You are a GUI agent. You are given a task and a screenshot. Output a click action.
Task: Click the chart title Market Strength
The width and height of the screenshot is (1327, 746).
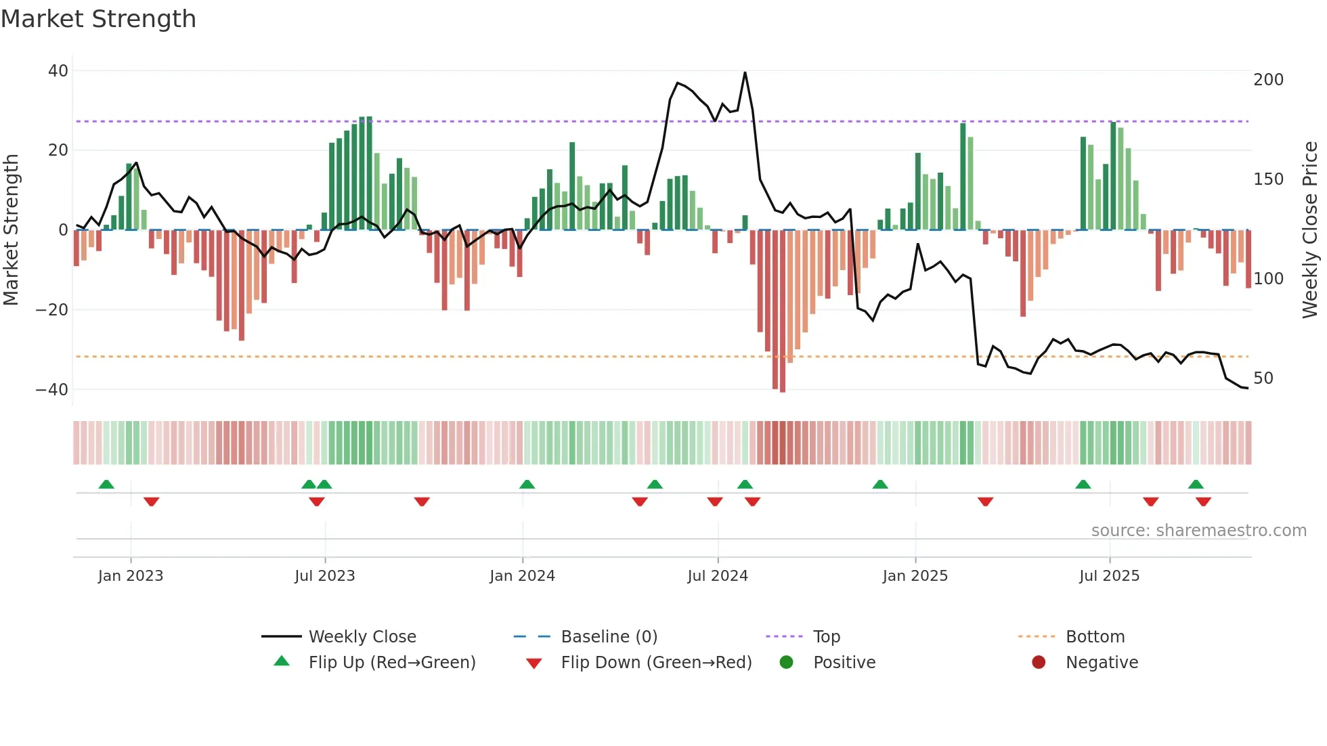tap(98, 19)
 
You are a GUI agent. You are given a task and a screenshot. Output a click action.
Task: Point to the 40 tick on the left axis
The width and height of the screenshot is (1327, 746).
tap(58, 71)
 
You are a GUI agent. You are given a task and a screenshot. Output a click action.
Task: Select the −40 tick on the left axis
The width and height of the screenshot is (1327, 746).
tap(52, 390)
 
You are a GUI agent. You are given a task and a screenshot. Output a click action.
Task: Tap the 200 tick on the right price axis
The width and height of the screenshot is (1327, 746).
tap(1268, 80)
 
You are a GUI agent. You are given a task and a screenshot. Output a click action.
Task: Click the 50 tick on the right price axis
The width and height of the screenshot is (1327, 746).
tap(1263, 378)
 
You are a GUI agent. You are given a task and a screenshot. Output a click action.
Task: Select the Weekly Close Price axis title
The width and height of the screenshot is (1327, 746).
tap(1310, 230)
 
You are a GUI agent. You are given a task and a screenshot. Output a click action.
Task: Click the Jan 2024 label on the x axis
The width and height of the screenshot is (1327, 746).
tap(522, 576)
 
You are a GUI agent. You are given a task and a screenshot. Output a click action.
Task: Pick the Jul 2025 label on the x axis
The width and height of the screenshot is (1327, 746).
tap(1109, 576)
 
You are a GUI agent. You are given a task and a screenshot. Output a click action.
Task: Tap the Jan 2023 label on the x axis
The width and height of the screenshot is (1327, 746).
tap(131, 576)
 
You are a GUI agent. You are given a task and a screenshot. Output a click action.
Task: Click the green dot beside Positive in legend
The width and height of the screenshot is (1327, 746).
tap(786, 663)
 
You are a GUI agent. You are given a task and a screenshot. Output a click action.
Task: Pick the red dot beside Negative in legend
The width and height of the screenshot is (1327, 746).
tap(1039, 663)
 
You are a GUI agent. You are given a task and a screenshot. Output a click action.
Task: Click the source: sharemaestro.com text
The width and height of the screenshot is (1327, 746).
tap(1198, 531)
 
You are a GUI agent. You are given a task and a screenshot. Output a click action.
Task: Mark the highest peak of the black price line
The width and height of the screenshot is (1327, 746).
tap(745, 73)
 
